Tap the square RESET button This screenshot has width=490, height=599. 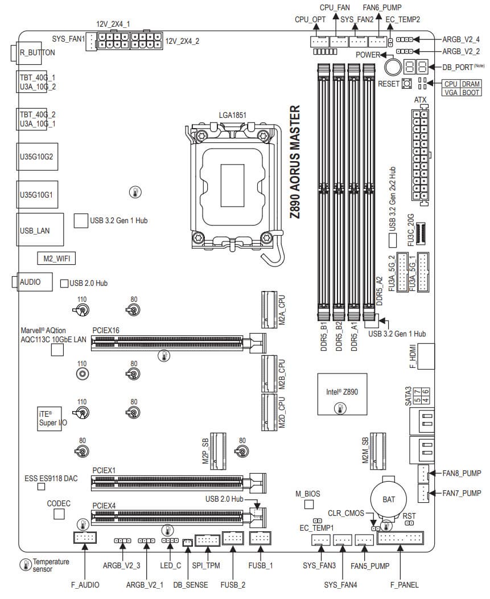(x=407, y=84)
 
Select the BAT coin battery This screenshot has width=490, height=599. (x=388, y=499)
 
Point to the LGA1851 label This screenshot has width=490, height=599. (x=233, y=115)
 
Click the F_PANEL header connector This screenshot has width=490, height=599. (x=400, y=539)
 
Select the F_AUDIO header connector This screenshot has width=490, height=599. (x=85, y=539)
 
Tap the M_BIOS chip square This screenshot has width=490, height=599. (x=309, y=504)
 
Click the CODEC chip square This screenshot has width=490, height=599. (x=59, y=514)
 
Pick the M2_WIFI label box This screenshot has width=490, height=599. (x=56, y=259)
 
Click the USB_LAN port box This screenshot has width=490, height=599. (x=35, y=231)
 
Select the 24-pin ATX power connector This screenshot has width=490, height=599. (x=420, y=154)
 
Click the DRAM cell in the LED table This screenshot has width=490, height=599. (x=471, y=84)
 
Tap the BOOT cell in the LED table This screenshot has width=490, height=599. (x=471, y=92)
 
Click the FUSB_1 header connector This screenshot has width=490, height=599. (x=261, y=538)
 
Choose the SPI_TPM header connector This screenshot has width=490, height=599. (x=207, y=539)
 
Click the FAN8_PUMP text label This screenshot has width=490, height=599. (x=462, y=473)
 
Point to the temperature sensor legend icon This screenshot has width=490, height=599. (x=26, y=565)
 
